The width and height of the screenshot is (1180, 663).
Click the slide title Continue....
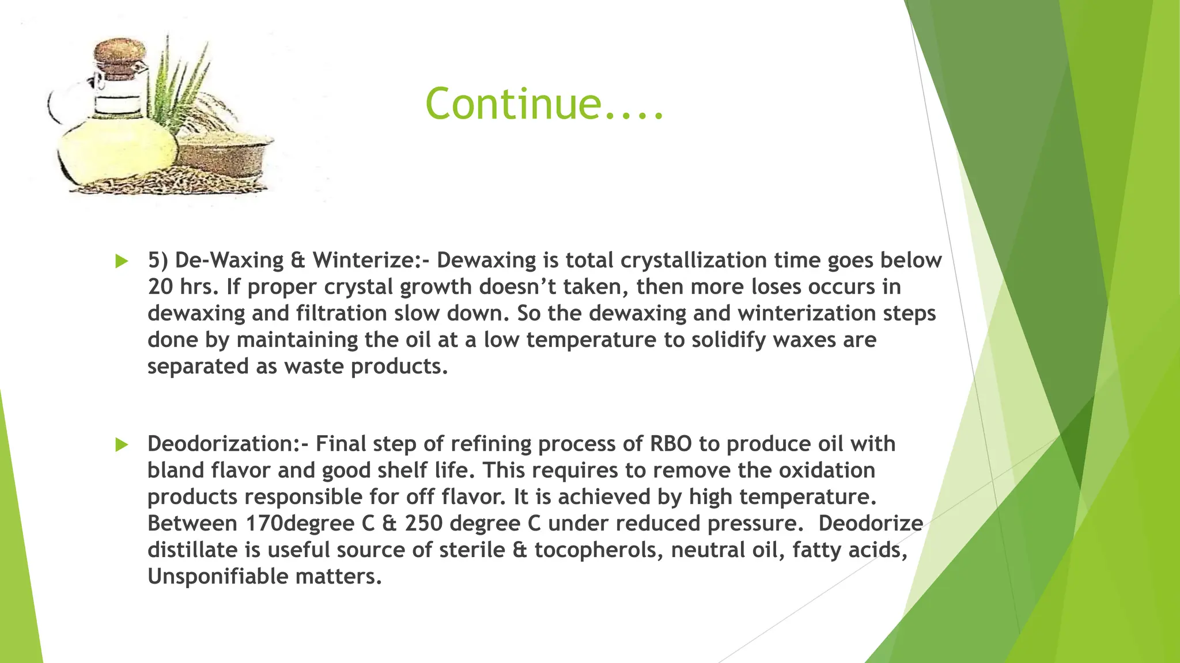pos(544,104)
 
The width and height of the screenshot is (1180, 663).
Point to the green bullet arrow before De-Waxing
pos(122,261)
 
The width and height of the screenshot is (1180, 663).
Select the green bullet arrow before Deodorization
pos(122,445)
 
